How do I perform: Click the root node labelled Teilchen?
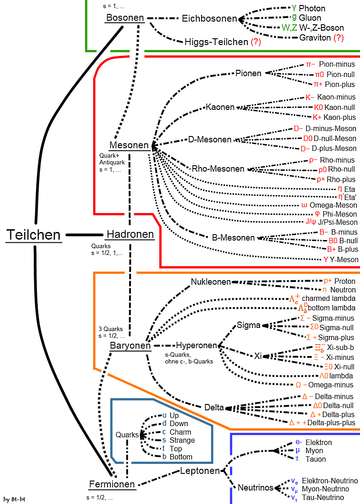pyautogui.click(x=33, y=235)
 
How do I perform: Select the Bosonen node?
pyautogui.click(x=125, y=18)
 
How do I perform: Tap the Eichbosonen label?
pyautogui.click(x=209, y=19)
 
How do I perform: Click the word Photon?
pyautogui.click(x=312, y=8)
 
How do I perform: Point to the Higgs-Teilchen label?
pyautogui.click(x=216, y=42)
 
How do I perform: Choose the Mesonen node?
pyautogui.click(x=129, y=145)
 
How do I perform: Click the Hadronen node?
pyautogui.click(x=130, y=235)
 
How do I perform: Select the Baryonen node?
pyautogui.click(x=130, y=346)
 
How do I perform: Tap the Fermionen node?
pyautogui.click(x=112, y=484)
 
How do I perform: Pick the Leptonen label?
pyautogui.click(x=200, y=471)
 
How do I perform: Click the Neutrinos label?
pyautogui.click(x=256, y=488)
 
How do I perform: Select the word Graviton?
pyautogui.click(x=315, y=38)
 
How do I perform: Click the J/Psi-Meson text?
pyautogui.click(x=337, y=222)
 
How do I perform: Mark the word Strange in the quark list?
pyautogui.click(x=182, y=440)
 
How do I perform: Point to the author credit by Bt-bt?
pyautogui.click(x=13, y=499)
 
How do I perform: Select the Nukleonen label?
pyautogui.click(x=211, y=282)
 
